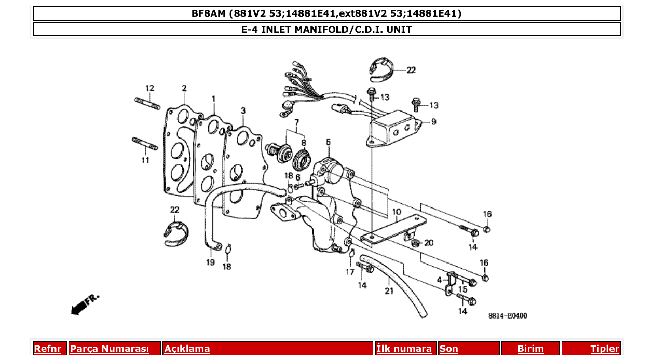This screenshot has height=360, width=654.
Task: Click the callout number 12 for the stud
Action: coord(149,88)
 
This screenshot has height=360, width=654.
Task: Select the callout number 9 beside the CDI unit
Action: coord(433,122)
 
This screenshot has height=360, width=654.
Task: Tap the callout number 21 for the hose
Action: coord(389,292)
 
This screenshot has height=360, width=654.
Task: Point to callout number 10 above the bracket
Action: coord(397,212)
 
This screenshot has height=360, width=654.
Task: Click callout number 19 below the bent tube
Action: coord(210,262)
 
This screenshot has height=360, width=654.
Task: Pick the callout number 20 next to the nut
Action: coord(428,243)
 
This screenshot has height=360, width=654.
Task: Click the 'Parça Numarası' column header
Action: coord(110,349)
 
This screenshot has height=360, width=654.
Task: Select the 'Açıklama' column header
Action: coord(187,349)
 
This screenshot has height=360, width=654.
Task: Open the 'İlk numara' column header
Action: coord(404,349)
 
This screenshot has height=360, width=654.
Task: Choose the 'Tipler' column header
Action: coord(604,349)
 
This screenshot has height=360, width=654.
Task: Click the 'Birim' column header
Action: coord(530,349)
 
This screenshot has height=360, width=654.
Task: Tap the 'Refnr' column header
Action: coord(47,349)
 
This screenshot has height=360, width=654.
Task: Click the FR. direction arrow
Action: coord(83,304)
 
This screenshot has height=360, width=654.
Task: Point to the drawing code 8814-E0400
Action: coord(507,315)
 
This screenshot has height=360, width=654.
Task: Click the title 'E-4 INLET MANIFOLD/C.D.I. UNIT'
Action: coord(326,30)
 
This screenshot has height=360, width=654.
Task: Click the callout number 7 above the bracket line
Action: coord(297,123)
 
